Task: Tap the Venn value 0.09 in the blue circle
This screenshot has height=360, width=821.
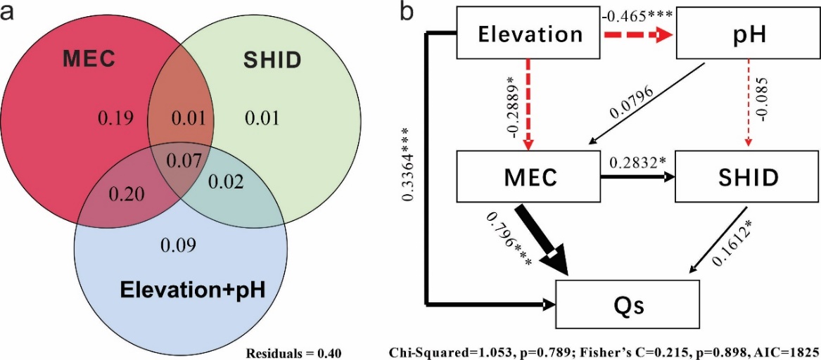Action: (x=178, y=245)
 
